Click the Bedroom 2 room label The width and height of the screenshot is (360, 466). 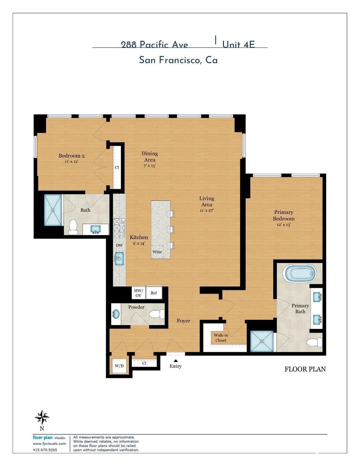[71, 156]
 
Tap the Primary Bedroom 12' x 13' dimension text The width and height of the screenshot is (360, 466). [284, 225]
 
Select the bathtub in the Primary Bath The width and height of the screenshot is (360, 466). [299, 274]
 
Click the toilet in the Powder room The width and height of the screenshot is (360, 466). [157, 315]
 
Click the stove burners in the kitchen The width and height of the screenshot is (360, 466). [119, 228]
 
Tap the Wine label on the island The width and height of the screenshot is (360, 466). [157, 252]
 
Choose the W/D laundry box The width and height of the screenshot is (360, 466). [119, 366]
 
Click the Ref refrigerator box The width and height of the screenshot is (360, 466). [154, 293]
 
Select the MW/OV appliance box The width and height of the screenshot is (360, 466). [139, 293]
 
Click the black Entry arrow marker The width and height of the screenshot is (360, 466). [176, 361]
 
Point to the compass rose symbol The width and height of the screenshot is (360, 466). [42, 417]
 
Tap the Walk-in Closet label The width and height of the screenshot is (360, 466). [221, 338]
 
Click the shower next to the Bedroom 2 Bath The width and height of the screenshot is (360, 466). [53, 210]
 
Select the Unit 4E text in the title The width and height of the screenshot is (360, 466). [238, 44]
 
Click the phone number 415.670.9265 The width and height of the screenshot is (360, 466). [45, 450]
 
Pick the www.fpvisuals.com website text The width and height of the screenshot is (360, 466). [49, 444]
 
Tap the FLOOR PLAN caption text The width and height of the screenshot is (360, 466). [305, 369]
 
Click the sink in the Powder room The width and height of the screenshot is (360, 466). [116, 314]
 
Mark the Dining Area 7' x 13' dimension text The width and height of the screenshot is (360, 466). [150, 166]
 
